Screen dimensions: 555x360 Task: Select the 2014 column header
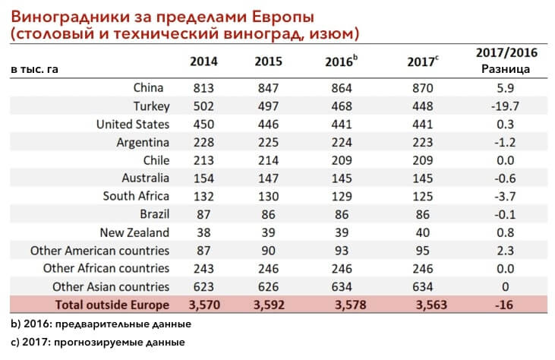[x=203, y=62]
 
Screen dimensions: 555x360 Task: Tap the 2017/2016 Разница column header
[x=506, y=61]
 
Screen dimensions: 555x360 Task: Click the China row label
[x=148, y=87]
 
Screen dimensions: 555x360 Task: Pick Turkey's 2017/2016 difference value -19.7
[x=505, y=106]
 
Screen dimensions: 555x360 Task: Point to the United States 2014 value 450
[x=203, y=124]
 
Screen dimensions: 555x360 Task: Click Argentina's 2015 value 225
[x=268, y=142]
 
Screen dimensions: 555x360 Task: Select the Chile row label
[x=156, y=160]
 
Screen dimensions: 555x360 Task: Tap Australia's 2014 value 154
[x=203, y=178]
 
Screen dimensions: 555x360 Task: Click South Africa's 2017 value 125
[x=423, y=196]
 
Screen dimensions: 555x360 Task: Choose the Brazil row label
[x=155, y=214]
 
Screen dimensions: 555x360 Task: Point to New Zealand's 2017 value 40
[x=423, y=232]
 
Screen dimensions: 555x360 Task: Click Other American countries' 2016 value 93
[x=342, y=251]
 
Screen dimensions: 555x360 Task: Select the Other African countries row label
[x=106, y=268]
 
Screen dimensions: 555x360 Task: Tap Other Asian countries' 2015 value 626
[x=268, y=286]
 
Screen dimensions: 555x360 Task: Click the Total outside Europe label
[x=112, y=305]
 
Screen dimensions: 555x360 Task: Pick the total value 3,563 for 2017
[x=431, y=305]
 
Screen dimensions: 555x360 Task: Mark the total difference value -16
[x=504, y=305]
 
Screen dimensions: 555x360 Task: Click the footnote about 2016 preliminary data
[x=101, y=324]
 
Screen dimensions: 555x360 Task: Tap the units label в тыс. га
[x=34, y=68]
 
